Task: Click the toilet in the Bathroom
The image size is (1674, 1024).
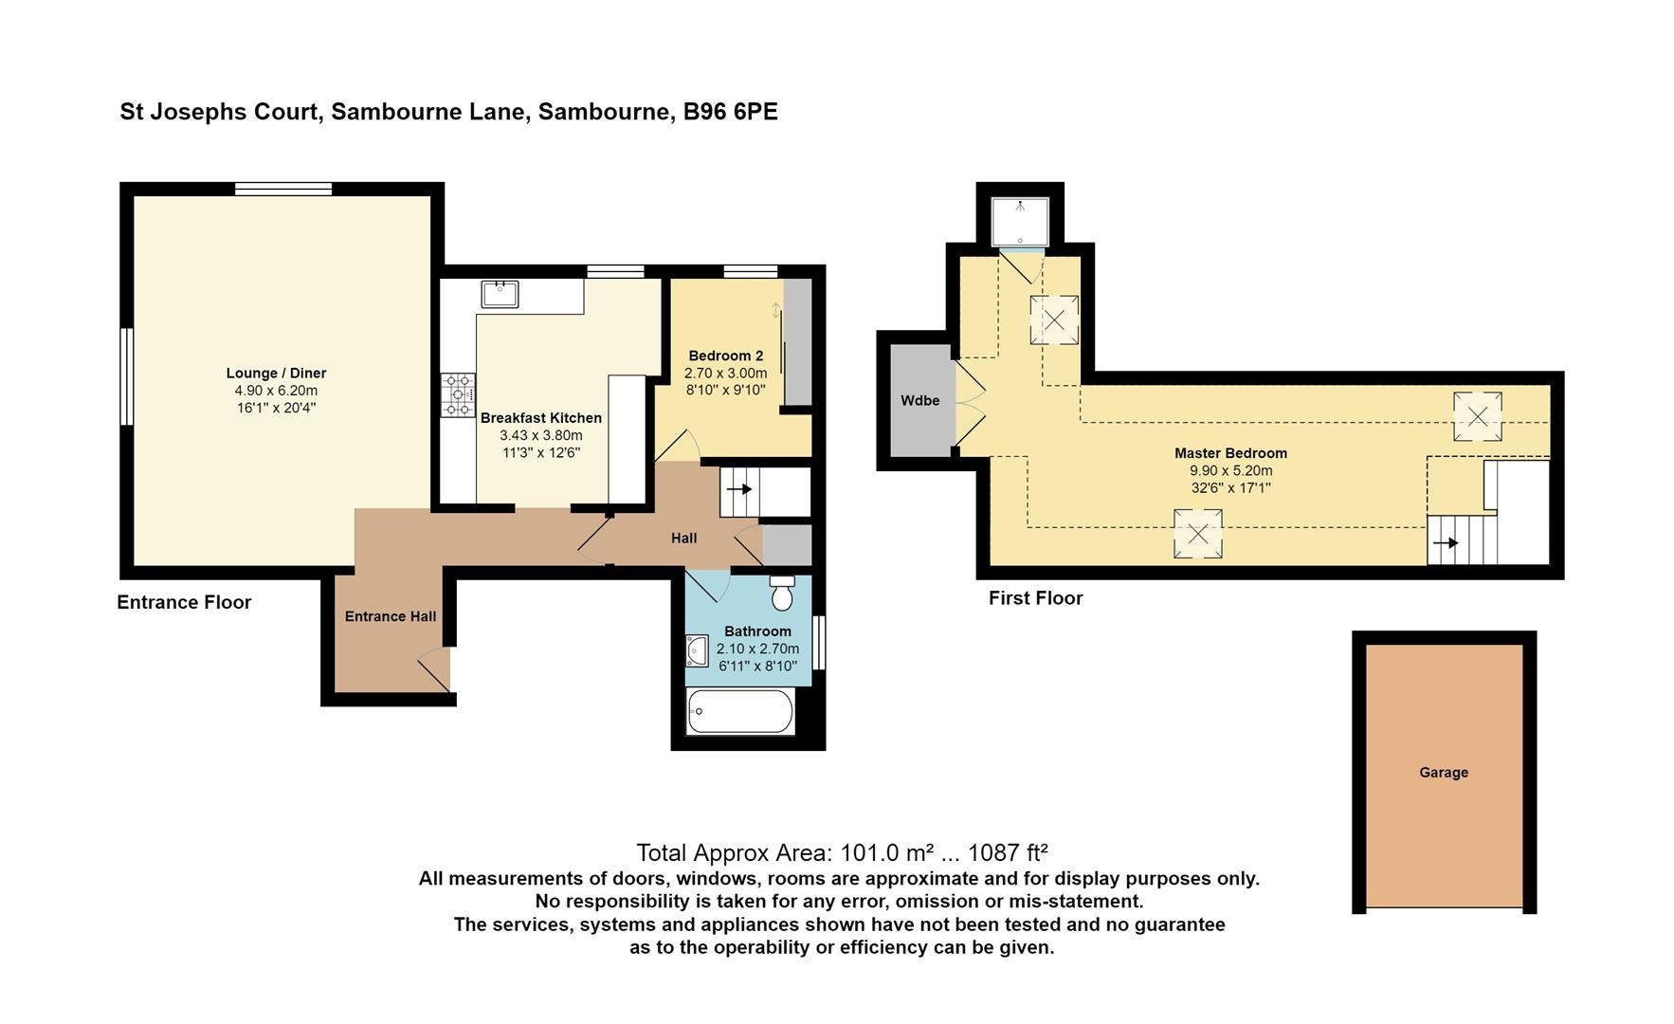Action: (x=782, y=593)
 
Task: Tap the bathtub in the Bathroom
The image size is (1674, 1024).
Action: (x=740, y=711)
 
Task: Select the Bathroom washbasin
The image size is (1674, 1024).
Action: (x=697, y=651)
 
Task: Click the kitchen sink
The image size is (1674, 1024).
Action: (x=500, y=294)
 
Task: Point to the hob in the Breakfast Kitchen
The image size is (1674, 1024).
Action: (x=459, y=395)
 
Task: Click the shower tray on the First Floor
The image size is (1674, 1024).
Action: (x=1020, y=223)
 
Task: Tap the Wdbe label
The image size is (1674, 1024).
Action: (x=919, y=400)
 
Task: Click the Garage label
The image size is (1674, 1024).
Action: (x=1444, y=773)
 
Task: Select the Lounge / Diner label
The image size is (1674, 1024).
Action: (x=276, y=374)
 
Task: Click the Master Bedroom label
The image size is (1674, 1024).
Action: (x=1230, y=453)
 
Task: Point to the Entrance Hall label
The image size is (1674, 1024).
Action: (x=391, y=616)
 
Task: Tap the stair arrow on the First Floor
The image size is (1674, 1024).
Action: (x=1446, y=543)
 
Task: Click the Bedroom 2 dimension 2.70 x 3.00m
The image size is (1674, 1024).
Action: (x=726, y=374)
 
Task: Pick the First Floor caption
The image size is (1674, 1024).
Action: (x=1035, y=598)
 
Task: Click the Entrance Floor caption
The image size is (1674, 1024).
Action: (x=184, y=602)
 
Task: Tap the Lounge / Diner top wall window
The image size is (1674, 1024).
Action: (x=283, y=189)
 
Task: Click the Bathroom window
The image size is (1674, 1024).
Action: (x=819, y=643)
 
